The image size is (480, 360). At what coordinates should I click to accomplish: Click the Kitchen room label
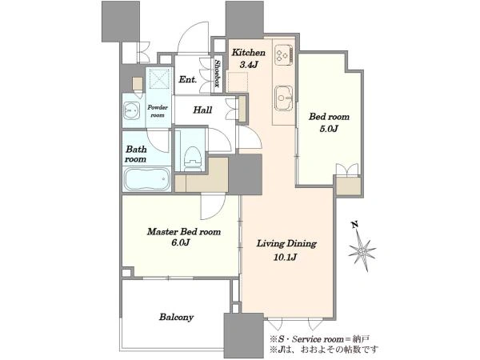point(248,53)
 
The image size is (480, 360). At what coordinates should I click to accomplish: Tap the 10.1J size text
point(285,257)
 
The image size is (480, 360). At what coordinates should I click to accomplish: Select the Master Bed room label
point(184,231)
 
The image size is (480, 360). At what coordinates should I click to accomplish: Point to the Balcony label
point(176,317)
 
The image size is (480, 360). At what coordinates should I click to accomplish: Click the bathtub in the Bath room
point(147,180)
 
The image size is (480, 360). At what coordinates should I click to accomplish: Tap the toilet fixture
point(193,158)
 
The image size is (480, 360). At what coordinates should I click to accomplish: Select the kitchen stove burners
point(283,55)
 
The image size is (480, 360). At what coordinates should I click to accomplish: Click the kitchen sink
point(283,98)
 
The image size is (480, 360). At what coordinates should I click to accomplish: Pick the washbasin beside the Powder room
point(132,111)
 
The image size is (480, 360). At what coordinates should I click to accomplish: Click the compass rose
point(362,252)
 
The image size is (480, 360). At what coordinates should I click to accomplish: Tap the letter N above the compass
point(354,225)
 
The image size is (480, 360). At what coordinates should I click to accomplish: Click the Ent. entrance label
point(188,79)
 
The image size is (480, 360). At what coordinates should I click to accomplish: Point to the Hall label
point(202,110)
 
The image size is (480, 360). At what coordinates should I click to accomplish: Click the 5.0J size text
point(329,129)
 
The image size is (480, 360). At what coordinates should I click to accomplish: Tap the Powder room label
point(158,111)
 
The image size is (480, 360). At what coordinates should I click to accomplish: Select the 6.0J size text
point(181,242)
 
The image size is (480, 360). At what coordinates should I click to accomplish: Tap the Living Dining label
point(286,244)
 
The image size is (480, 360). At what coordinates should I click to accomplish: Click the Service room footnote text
point(319,339)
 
